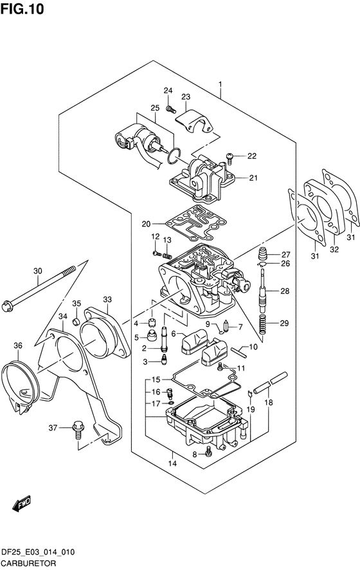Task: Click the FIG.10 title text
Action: pos(22,9)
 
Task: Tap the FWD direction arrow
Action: pos(22,504)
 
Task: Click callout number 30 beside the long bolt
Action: pos(38,271)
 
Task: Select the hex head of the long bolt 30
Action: pos(7,306)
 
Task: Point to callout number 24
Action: pos(168,91)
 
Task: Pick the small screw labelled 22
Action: pos(230,157)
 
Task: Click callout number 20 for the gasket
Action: pos(146,224)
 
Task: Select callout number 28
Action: pos(285,291)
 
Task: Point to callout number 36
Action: pos(18,345)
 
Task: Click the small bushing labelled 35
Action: pos(76,322)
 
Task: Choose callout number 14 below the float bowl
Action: pos(172,463)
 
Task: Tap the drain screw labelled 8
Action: pos(208,451)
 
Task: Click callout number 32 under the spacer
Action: pos(334,250)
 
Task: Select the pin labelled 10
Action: pos(239,351)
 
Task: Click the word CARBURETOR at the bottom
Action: pos(29,564)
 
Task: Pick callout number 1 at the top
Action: pos(220,84)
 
